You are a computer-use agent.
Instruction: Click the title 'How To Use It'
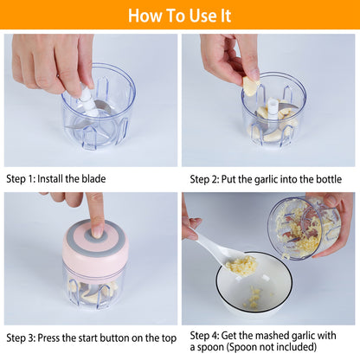(180, 16)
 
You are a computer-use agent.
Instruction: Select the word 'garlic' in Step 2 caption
(272, 179)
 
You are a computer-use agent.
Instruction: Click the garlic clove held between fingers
(250, 86)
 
